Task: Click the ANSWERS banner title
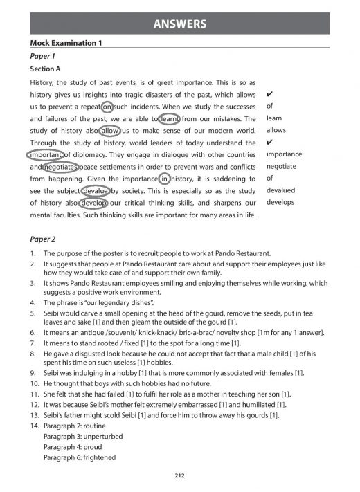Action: coord(180,25)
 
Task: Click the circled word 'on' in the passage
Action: coord(107,107)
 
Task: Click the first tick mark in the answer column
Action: coord(269,94)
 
